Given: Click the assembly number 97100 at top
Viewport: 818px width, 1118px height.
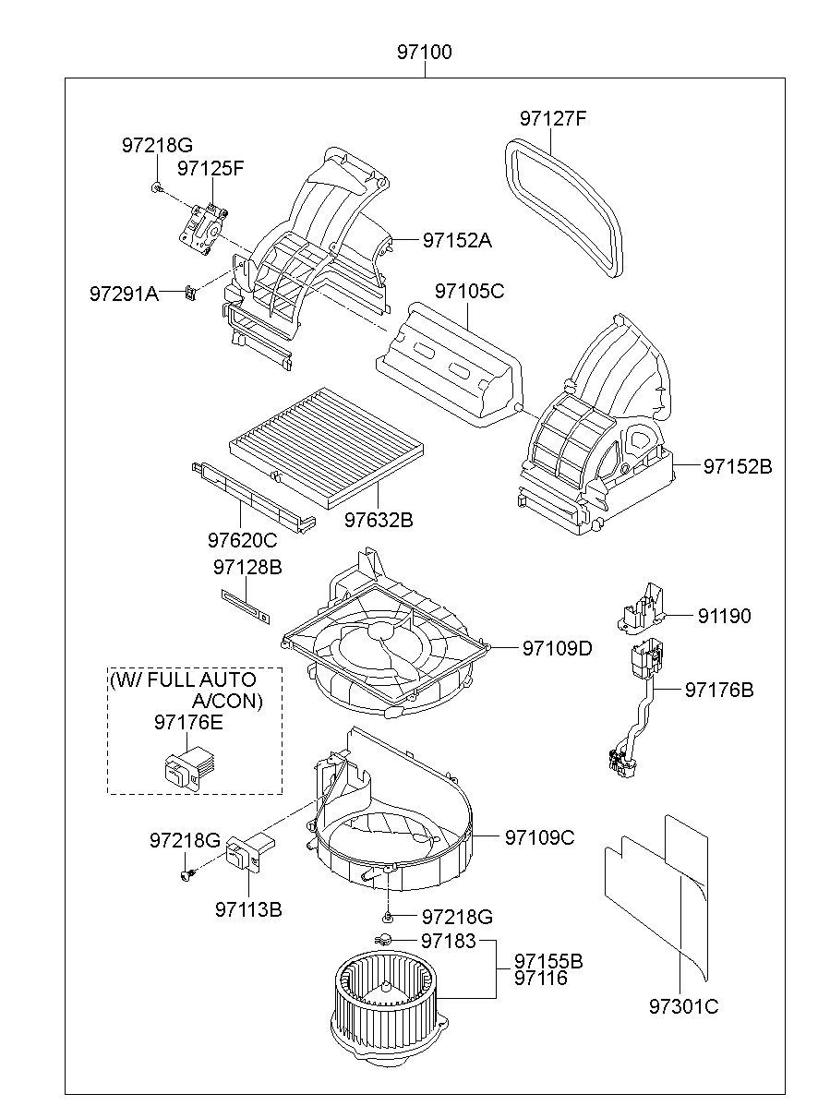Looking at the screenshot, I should pyautogui.click(x=425, y=53).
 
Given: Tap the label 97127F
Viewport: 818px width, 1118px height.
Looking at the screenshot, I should pyautogui.click(x=553, y=119).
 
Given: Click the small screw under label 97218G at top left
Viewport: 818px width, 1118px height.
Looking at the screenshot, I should pyautogui.click(x=156, y=188).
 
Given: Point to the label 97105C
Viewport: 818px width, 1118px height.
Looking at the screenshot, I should pyautogui.click(x=469, y=292).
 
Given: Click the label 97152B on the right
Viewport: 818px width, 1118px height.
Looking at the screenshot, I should pyautogui.click(x=737, y=466).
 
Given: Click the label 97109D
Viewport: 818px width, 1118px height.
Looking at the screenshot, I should pyautogui.click(x=557, y=648).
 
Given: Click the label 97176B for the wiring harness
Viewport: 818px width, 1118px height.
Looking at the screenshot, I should pyautogui.click(x=718, y=690).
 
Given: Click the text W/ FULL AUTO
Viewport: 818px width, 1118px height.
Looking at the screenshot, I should pyautogui.click(x=183, y=681).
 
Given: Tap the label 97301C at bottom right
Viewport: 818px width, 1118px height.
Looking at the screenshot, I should pyautogui.click(x=682, y=1006).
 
